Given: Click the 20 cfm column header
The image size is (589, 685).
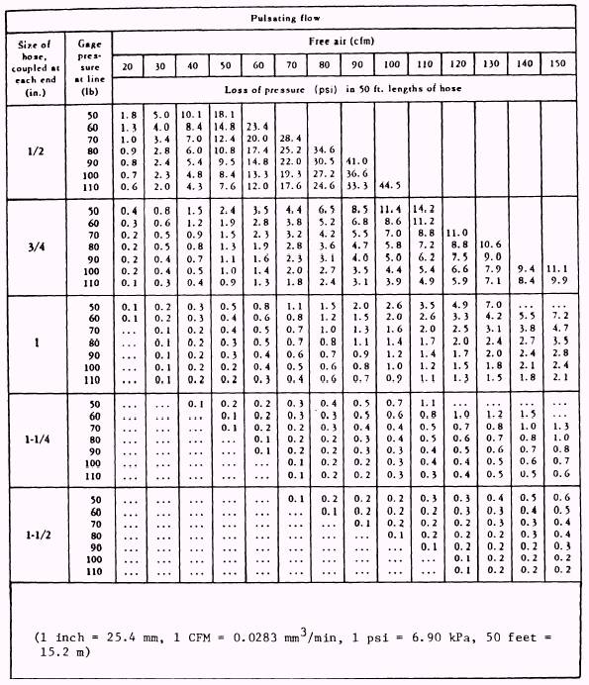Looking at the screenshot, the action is pyautogui.click(x=128, y=65).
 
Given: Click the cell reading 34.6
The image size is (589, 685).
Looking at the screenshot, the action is pyautogui.click(x=324, y=149).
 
